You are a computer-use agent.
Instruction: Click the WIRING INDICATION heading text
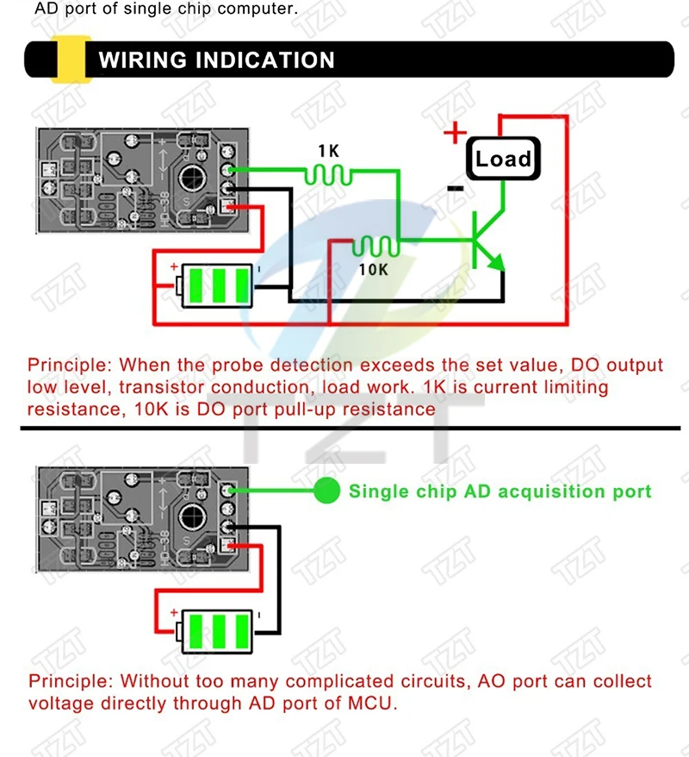click(216, 60)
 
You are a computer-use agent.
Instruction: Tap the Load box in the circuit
click(503, 159)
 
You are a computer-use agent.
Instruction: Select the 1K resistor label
click(328, 151)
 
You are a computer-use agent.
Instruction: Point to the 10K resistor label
click(373, 269)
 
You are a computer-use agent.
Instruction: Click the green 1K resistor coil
click(328, 175)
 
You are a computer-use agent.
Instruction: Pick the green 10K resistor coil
click(377, 246)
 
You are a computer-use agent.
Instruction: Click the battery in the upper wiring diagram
click(216, 285)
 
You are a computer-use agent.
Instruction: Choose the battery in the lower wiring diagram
click(216, 629)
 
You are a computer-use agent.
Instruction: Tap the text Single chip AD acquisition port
click(500, 491)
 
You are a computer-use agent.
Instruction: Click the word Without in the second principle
click(152, 681)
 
